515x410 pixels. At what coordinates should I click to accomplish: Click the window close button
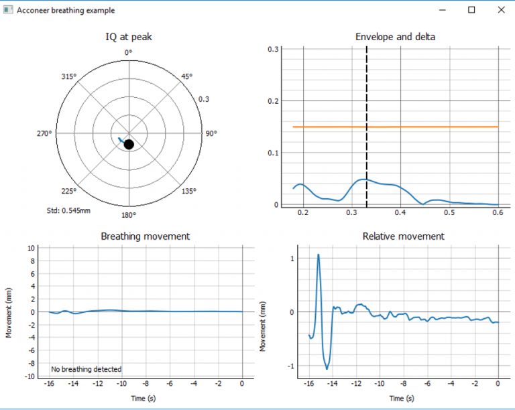click(x=500, y=10)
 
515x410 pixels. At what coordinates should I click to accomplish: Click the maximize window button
click(x=471, y=10)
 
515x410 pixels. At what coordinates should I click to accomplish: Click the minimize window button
click(x=442, y=10)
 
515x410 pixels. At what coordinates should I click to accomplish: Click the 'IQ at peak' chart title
click(x=129, y=36)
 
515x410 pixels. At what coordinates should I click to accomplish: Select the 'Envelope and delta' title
click(x=395, y=36)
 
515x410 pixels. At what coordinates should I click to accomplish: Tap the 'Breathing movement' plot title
click(x=145, y=236)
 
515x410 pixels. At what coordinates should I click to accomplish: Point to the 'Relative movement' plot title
click(x=403, y=236)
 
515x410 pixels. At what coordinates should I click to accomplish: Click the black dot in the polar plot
click(x=129, y=144)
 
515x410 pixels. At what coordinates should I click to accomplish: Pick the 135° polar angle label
click(x=189, y=191)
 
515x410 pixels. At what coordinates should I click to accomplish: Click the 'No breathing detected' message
click(x=87, y=369)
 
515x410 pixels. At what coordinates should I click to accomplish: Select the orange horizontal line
click(x=429, y=127)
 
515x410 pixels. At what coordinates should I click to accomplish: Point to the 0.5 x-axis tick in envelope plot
click(x=449, y=212)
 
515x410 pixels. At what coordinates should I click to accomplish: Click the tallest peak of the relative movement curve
click(x=318, y=255)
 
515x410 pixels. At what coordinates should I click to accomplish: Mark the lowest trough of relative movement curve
click(x=328, y=368)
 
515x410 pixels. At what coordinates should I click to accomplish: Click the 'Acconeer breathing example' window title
click(x=66, y=11)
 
